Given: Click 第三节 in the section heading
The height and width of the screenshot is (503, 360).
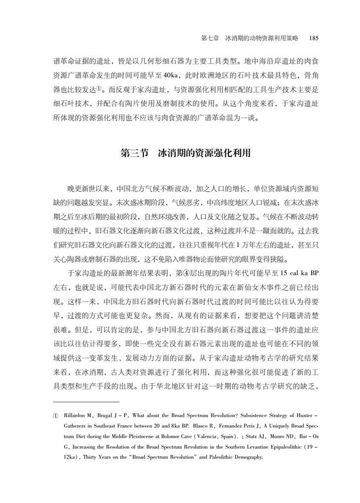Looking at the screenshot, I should coord(135,153).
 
